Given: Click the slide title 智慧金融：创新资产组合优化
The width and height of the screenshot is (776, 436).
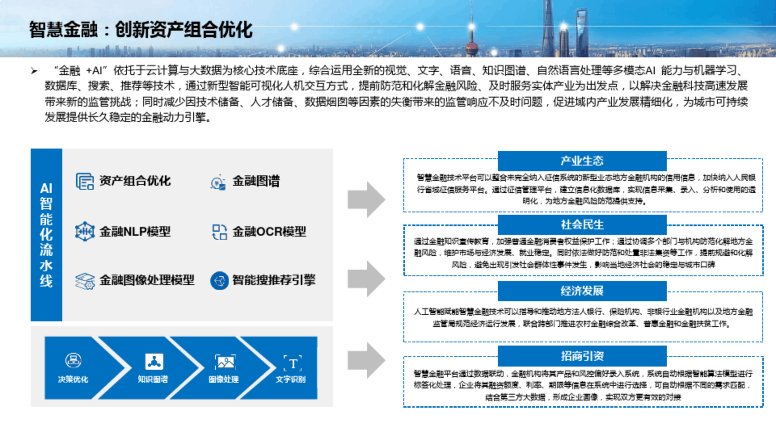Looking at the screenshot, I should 141,30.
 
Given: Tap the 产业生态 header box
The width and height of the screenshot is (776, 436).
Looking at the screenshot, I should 582,161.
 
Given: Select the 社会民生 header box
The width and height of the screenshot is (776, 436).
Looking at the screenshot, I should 582,224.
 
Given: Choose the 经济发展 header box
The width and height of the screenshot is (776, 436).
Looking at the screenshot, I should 582,291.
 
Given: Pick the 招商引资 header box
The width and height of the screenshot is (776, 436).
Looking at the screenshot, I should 582,356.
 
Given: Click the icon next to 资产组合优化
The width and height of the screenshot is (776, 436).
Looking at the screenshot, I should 84,181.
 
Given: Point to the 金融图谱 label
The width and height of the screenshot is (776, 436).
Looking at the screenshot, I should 256,181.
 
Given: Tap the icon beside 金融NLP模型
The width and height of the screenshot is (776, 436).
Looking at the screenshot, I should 84,231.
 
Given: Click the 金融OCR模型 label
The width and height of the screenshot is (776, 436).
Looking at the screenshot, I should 269,231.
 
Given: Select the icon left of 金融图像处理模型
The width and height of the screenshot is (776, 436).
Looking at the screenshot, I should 84,281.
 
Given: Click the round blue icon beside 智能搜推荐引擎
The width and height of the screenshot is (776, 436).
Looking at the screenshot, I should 219,281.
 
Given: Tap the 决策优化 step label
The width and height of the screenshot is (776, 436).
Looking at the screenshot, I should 73,379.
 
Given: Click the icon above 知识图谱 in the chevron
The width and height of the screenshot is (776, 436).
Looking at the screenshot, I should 154,362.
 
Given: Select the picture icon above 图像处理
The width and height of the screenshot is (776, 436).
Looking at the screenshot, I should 225,363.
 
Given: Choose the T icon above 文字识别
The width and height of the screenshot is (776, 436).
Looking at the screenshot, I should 293,364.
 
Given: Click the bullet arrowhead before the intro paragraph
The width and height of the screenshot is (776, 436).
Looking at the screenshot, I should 34,71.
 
